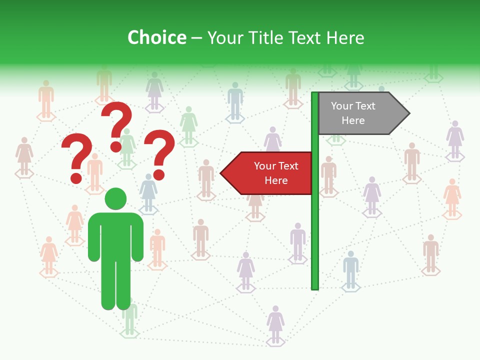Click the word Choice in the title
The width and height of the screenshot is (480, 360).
coord(156,37)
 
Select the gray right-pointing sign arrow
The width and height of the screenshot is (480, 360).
coord(362,113)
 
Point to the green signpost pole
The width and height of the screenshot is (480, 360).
coord(315,225)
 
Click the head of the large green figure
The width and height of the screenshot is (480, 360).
coord(115,198)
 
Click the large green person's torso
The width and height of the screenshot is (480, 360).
coord(115,235)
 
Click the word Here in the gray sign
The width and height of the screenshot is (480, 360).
coord(353,120)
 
